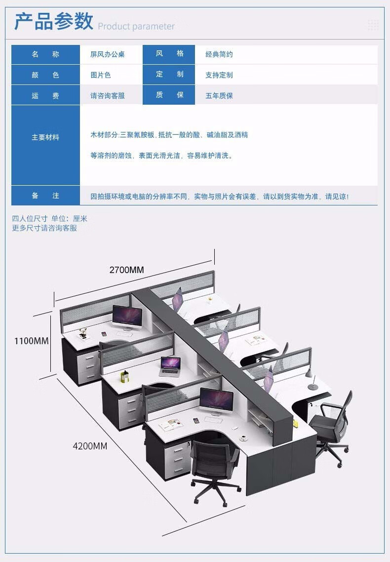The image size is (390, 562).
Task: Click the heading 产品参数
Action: tap(53, 22)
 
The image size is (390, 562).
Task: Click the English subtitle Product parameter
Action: tap(136, 26)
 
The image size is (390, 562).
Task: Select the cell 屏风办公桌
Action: tap(107, 54)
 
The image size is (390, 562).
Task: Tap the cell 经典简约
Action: tap(219, 54)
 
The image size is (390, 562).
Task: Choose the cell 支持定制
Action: tap(219, 75)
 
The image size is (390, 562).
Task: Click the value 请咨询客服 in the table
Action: tap(107, 96)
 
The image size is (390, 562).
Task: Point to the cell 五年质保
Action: tap(219, 96)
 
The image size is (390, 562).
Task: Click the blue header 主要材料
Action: tap(45, 137)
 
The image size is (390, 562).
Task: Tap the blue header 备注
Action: tap(45, 196)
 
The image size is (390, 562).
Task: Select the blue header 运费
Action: tap(45, 96)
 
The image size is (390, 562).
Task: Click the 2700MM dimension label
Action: tap(126, 270)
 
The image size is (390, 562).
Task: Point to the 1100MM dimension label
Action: tap(32, 341)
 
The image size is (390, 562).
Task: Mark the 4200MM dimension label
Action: tap(90, 446)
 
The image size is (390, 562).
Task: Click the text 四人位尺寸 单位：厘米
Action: tap(49, 218)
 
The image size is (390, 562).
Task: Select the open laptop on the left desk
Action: tap(169, 364)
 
